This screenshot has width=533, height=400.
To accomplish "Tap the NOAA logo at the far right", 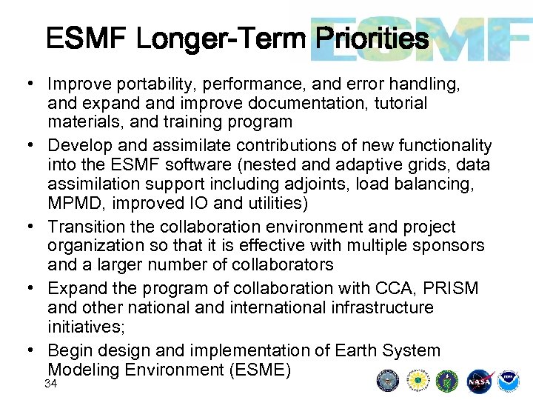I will coord(509,381).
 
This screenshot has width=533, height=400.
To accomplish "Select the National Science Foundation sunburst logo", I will coord(417,381).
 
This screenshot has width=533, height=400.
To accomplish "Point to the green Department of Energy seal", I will coord(448,381).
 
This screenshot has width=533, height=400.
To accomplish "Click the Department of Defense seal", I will coord(388,381).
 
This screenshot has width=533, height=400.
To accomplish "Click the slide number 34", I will coord(51,384).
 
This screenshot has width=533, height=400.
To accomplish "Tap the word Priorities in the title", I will coord(371,38).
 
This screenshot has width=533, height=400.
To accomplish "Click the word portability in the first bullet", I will coord(149,84).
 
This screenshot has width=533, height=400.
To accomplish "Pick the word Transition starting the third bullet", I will coord(87,227).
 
